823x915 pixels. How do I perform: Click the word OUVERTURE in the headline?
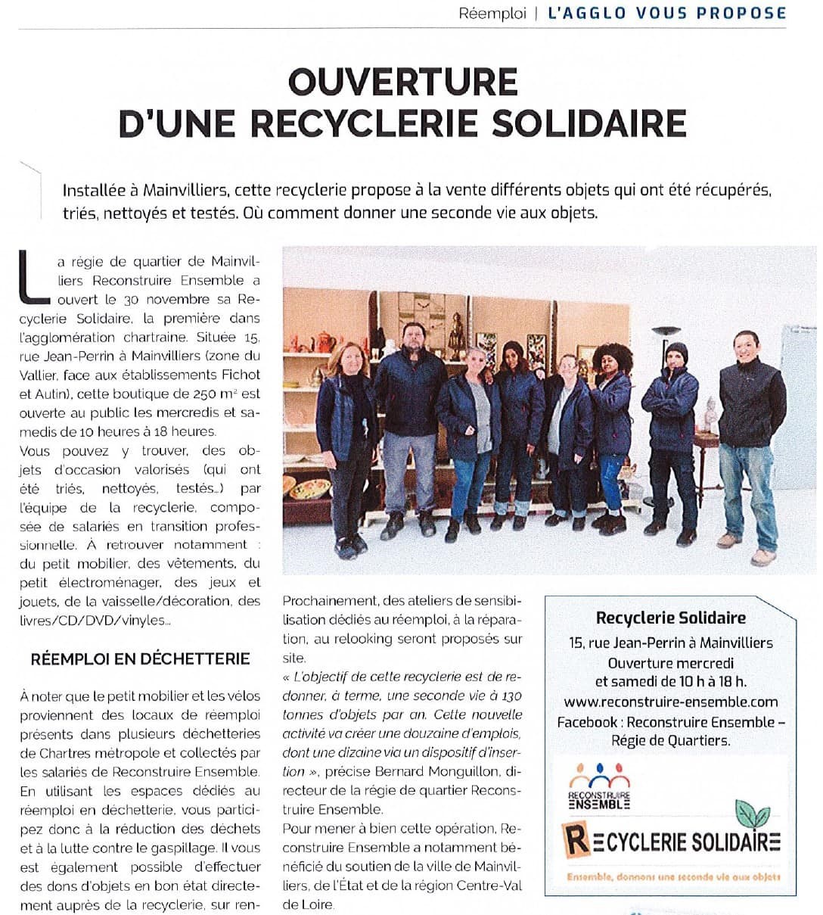[402, 82]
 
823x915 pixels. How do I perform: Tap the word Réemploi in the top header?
[492, 14]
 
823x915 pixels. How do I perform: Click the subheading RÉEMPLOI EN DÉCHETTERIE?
[140, 658]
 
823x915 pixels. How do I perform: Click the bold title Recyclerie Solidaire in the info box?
[670, 618]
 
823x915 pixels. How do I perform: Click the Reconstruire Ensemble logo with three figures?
[599, 786]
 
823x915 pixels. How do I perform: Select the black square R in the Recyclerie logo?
[577, 841]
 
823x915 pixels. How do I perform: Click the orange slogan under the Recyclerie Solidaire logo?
[673, 876]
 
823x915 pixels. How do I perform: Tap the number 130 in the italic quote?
[511, 696]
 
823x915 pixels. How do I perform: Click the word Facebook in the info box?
[587, 722]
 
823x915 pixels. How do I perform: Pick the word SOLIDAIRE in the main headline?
[589, 123]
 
